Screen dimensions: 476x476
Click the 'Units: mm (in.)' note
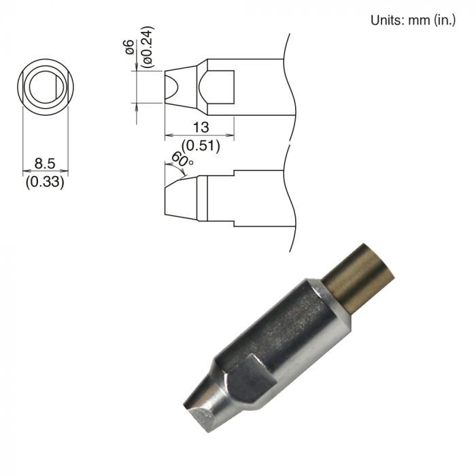tap(413, 20)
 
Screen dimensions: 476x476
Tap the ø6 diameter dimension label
tap(130, 47)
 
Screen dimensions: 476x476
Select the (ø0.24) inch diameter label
tap(148, 47)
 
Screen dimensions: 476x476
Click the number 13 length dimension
tap(201, 128)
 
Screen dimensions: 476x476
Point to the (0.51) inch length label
tap(201, 146)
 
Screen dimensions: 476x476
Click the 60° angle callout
tap(182, 159)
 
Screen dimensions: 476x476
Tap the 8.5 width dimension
tap(45, 164)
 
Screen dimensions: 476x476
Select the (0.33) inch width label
tap(45, 182)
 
